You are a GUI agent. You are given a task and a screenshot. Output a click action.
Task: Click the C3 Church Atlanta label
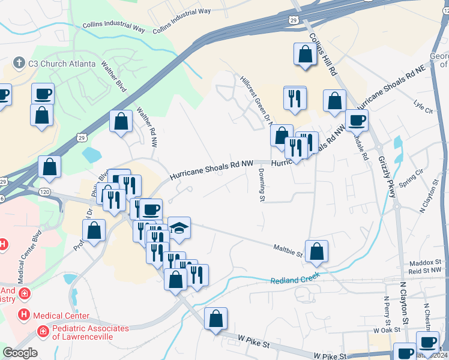point(61,63)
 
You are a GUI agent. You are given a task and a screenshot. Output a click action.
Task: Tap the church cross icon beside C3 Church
point(19,63)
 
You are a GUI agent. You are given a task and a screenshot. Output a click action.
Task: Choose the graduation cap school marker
point(179,228)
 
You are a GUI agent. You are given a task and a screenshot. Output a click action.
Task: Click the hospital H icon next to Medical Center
point(24,315)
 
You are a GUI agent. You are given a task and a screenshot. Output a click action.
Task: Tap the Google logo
point(20,353)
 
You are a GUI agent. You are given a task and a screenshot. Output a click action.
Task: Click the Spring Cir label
point(412,178)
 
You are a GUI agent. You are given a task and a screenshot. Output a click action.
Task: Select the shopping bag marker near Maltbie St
point(316,251)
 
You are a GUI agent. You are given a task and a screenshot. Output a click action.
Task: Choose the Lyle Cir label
point(423,107)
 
